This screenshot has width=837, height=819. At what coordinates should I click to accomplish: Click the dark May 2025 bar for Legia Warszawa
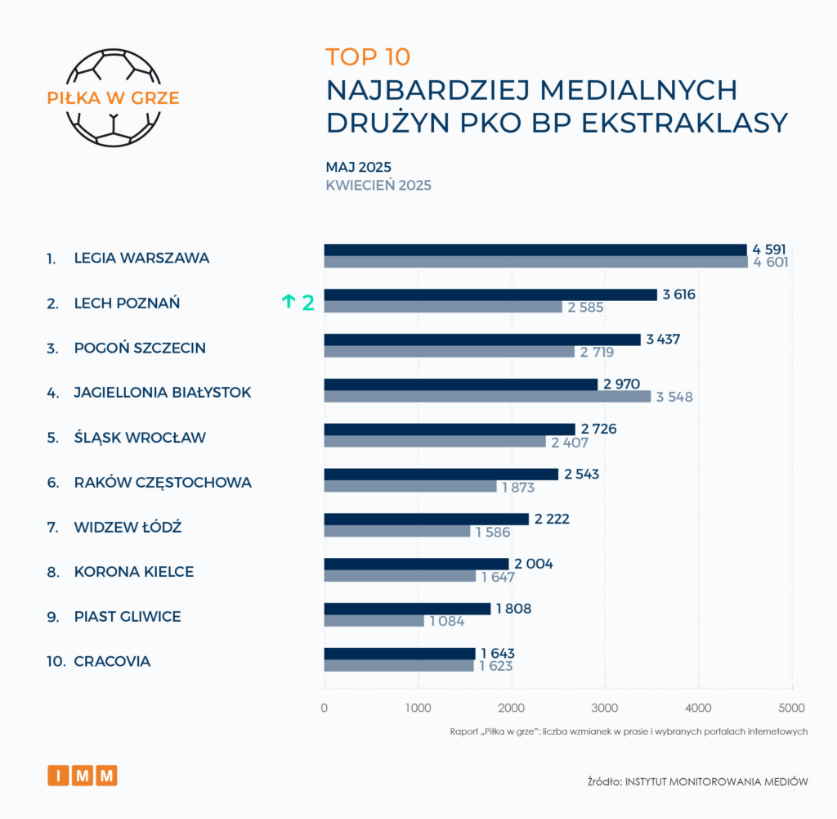point(535,250)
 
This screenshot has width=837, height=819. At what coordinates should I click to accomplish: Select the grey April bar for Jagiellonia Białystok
point(487,397)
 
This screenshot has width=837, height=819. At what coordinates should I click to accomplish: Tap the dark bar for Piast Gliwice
point(407,609)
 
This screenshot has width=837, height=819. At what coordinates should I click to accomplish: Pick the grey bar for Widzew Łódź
point(397,532)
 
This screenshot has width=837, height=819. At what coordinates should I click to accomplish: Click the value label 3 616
point(679,295)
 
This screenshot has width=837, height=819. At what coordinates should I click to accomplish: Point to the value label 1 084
point(445,621)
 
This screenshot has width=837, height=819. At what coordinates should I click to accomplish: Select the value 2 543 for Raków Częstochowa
point(581,475)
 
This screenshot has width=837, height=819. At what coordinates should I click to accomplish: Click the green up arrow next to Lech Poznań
point(288,302)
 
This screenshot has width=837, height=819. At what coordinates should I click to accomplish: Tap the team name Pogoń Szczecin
point(139,348)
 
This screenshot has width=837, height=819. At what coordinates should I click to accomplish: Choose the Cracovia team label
point(112,661)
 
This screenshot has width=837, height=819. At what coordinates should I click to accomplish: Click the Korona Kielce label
point(133,572)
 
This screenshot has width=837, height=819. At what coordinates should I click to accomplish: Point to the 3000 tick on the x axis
point(605,708)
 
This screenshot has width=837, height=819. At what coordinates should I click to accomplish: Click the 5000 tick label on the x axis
point(791,708)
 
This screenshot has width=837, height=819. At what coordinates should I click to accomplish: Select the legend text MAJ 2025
point(358,167)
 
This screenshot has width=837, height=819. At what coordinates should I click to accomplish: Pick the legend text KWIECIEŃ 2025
point(378,185)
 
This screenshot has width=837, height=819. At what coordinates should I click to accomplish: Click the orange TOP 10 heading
point(368,56)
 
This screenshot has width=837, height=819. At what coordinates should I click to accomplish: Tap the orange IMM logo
point(83,775)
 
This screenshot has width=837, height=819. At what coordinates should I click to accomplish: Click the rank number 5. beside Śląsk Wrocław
point(52,438)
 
